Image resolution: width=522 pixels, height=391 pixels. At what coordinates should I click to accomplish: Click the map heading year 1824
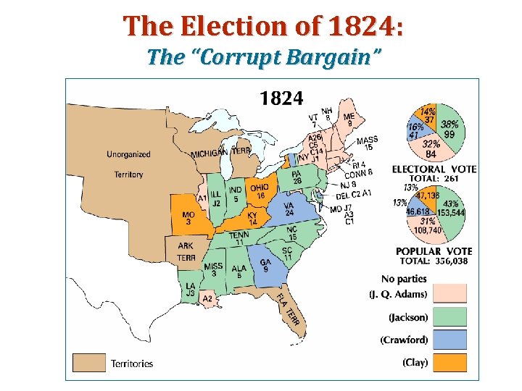pyautogui.click(x=282, y=98)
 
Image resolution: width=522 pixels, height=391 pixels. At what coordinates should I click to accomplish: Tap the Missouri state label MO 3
pyautogui.click(x=188, y=218)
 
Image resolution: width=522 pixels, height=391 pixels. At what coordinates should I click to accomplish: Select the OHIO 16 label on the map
pyautogui.click(x=260, y=191)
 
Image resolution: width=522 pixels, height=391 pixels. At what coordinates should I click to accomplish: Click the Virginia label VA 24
pyautogui.click(x=289, y=209)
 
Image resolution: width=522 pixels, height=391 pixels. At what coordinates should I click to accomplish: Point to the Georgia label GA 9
pyautogui.click(x=266, y=266)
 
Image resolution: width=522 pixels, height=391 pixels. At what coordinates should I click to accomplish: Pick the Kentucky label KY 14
pyautogui.click(x=252, y=218)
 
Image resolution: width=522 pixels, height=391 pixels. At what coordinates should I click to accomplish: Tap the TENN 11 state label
pyautogui.click(x=239, y=238)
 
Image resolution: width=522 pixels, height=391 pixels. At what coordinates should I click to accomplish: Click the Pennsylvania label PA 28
pyautogui.click(x=297, y=177)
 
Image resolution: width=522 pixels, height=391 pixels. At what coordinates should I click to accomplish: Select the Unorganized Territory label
pyautogui.click(x=128, y=164)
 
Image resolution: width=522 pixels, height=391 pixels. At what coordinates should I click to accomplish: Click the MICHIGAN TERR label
pyautogui.click(x=220, y=152)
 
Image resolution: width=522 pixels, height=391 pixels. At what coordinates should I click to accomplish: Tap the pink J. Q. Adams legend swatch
pyautogui.click(x=450, y=293)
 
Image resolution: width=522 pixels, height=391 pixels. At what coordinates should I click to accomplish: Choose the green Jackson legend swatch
pyautogui.click(x=450, y=316)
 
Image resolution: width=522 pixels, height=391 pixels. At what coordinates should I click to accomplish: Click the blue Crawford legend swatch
pyautogui.click(x=450, y=340)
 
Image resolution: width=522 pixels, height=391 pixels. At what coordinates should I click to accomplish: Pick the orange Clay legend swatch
pyautogui.click(x=450, y=362)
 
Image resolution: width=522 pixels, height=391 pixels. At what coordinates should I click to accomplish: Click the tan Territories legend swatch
pyautogui.click(x=88, y=362)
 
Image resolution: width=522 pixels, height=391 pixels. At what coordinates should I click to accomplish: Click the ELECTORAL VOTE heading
pyautogui.click(x=434, y=169)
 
